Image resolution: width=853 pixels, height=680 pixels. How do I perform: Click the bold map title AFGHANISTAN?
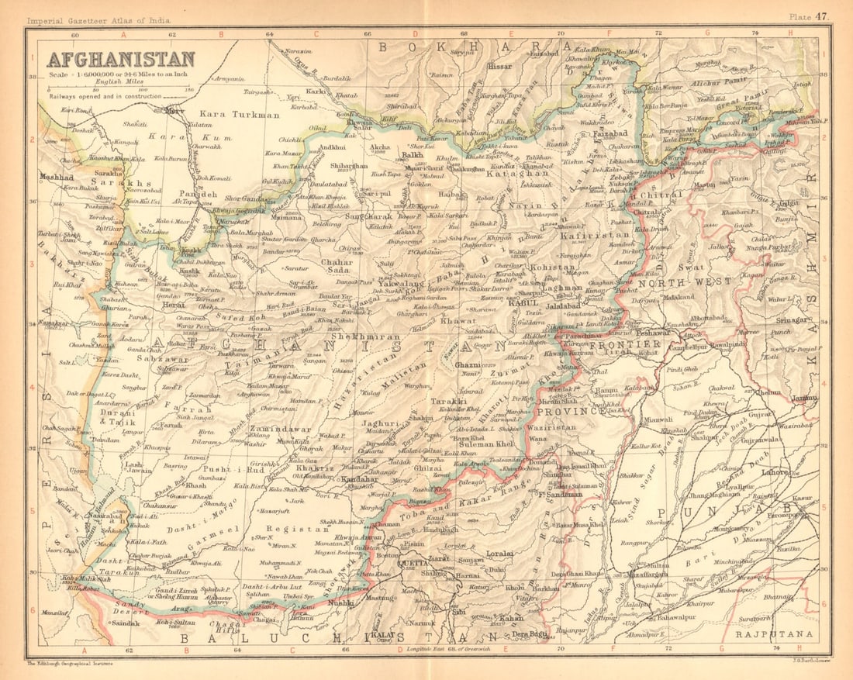120,59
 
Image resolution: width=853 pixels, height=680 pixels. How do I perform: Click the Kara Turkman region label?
243,115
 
